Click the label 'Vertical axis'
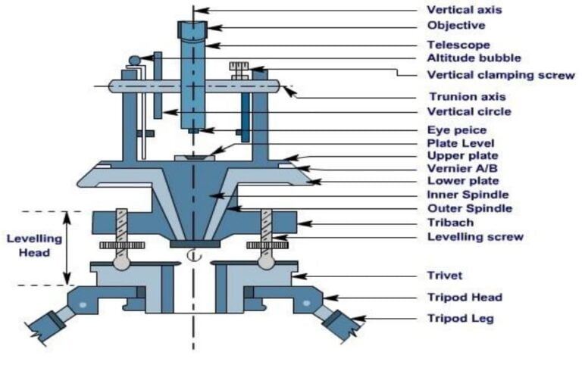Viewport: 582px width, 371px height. click(465, 10)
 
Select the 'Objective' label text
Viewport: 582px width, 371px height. click(457, 26)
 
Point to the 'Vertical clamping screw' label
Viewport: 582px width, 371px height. click(501, 74)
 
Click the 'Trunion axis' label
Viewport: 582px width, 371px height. click(468, 96)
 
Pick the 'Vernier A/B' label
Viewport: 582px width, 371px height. click(462, 168)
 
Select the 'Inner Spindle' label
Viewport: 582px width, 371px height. click(469, 195)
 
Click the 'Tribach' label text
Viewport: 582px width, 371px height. click(452, 223)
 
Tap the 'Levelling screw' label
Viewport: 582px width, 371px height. click(475, 237)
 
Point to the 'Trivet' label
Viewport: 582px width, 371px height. click(446, 276)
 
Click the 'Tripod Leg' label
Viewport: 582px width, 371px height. click(461, 319)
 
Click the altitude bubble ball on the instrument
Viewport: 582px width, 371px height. click(134, 61)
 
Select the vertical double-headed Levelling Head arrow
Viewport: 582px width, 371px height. click(67, 248)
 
